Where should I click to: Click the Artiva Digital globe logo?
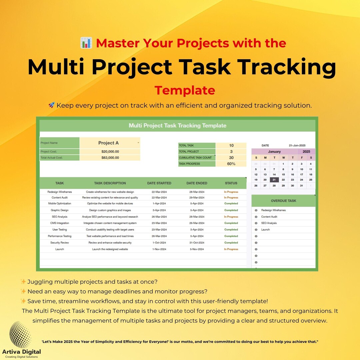coord(20,334)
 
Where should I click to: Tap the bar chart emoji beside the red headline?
coord(86,43)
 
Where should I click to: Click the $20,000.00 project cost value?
coord(110,151)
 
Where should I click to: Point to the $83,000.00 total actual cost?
coord(110,158)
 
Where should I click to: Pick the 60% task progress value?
coord(231,164)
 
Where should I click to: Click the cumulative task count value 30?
coord(231,158)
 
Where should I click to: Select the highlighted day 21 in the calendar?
coord(274,180)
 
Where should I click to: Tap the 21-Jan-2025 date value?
coord(297,146)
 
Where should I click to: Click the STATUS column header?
coord(231,183)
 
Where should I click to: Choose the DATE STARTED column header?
coord(159,183)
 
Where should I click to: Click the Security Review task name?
coord(60,243)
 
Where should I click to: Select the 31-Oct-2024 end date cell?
coord(197,243)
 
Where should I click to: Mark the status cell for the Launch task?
coord(231,249)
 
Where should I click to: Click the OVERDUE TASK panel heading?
coord(283,201)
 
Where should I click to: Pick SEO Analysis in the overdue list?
coord(269,223)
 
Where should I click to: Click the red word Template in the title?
coord(185,90)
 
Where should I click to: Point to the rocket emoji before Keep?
coord(51,105)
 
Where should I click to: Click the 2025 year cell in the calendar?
coord(306,152)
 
